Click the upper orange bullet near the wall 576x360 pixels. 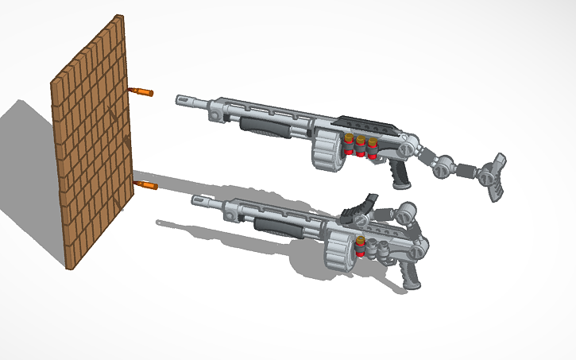(141, 92)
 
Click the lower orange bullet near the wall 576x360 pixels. (146, 186)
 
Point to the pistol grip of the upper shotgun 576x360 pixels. (402, 172)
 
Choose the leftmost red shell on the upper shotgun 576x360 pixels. (349, 145)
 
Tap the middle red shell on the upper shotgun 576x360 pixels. (360, 147)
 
